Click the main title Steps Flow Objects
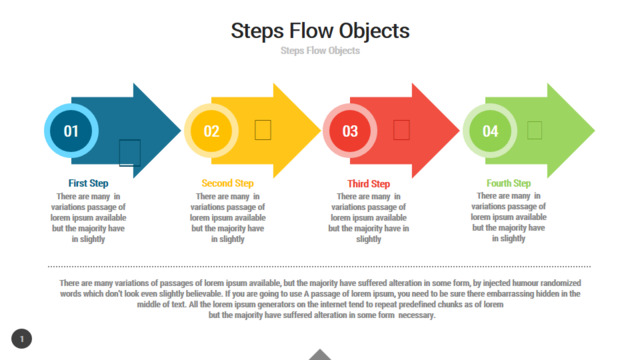pos(320,31)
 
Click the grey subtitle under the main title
pos(320,51)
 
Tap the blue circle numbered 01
pos(71,131)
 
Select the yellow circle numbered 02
pos(211,131)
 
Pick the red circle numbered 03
pos(350,131)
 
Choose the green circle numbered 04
pos(490,131)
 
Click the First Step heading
pos(88,183)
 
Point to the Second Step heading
pos(227,183)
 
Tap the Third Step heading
pos(369,184)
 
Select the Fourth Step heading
pos(509,183)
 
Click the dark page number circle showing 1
pos(22,339)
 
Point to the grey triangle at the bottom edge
pos(320,355)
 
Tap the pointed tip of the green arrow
pos(594,131)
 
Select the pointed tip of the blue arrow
pos(180,131)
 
